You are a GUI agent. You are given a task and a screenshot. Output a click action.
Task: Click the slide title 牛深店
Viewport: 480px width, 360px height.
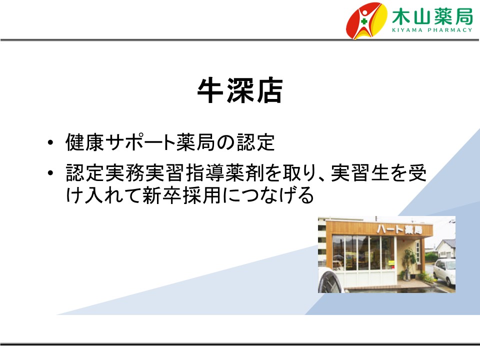tap(239, 91)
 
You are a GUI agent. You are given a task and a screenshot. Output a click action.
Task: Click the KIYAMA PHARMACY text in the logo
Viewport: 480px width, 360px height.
tap(432, 30)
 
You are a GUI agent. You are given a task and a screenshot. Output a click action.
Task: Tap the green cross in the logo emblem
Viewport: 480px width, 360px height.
tap(364, 21)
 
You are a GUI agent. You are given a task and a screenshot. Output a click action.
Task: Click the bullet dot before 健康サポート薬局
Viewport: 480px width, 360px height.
tap(50, 142)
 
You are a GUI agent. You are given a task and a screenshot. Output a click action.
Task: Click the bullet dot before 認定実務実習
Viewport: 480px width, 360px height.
tap(50, 173)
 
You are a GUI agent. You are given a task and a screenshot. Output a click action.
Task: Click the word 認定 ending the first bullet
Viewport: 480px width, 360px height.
tap(255, 142)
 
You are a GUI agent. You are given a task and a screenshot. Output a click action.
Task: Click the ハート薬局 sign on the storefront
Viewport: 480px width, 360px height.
tap(399, 229)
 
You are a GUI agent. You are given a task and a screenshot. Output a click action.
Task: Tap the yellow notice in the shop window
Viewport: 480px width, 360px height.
tap(391, 262)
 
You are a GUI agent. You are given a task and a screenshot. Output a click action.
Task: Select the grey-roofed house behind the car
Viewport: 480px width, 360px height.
tap(444, 248)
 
